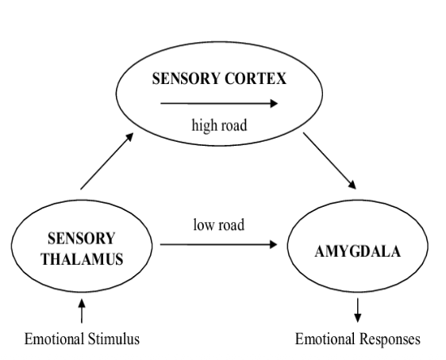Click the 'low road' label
coord(218,224)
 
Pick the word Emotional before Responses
coord(327,339)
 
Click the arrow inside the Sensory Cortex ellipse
coord(218,102)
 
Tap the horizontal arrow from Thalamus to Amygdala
coord(222,245)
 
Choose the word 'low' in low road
coord(203,224)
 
